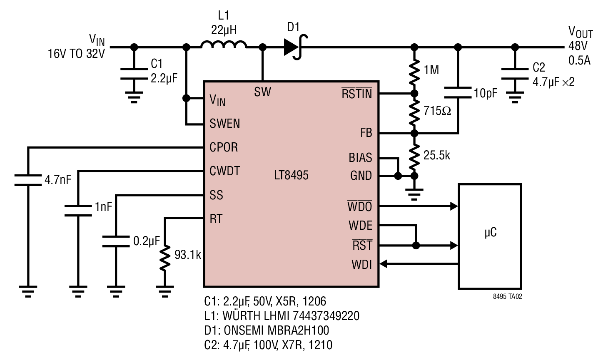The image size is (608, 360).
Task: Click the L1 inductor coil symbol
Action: [224, 45]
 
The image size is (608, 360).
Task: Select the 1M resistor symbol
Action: [414, 70]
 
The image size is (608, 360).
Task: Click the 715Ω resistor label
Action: [437, 111]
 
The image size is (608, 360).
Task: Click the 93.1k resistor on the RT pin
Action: [165, 258]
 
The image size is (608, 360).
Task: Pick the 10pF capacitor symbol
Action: [458, 92]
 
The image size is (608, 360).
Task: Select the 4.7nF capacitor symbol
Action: [28, 180]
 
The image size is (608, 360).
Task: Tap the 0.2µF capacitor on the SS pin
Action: [116, 241]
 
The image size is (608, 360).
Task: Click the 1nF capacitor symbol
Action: [78, 211]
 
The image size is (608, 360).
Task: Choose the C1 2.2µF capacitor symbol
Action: [134, 74]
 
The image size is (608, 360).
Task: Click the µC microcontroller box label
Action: [491, 233]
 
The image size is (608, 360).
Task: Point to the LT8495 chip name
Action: [291, 175]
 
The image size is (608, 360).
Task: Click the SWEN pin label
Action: [225, 124]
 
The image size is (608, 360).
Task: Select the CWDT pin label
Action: [225, 171]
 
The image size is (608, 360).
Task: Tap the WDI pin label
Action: [361, 265]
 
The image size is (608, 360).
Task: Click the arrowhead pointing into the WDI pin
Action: [383, 263]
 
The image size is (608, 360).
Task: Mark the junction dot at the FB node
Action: [414, 133]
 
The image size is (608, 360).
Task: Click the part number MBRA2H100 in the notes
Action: [298, 330]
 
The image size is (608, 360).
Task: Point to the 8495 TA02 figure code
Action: [507, 296]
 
